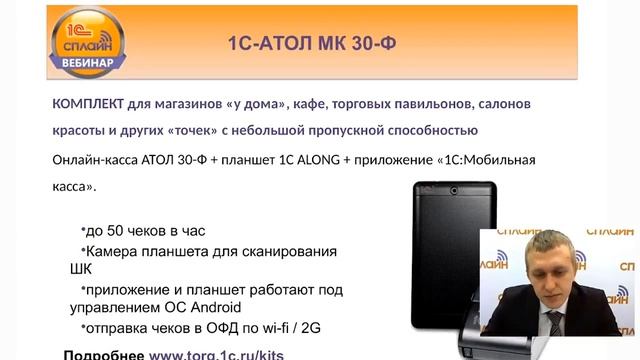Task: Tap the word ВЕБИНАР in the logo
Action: pos(86,61)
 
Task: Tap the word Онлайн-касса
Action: pos(97,159)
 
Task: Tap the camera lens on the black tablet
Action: pos(455,190)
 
